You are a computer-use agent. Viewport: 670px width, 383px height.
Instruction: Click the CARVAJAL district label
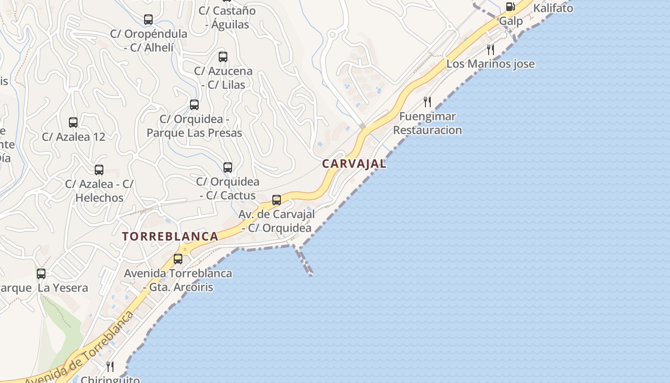coord(354,164)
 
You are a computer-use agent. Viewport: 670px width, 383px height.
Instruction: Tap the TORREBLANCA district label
coord(170,237)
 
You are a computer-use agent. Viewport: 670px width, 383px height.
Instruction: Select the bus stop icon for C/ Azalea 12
coord(73,123)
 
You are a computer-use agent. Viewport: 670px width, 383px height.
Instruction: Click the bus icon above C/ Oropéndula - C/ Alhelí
coord(148,20)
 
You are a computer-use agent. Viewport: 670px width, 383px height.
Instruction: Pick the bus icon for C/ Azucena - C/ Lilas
coord(223,57)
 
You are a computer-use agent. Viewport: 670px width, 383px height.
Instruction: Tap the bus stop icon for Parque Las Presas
coord(194,105)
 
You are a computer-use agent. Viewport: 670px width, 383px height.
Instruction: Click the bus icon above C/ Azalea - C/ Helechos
coord(99,170)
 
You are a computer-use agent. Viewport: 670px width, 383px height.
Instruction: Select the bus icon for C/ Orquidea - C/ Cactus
coord(228,168)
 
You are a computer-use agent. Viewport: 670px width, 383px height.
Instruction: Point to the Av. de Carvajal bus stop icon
coord(277,200)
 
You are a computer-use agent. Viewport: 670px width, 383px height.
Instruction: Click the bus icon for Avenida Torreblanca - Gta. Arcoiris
coord(178,259)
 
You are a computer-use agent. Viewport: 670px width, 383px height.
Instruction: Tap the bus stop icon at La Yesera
coord(41,274)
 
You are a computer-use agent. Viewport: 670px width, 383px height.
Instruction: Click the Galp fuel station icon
coord(511,7)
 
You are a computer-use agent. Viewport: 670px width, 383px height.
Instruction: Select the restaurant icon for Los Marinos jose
coord(491,50)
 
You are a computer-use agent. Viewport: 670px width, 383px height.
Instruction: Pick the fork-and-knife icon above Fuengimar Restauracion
coord(427,102)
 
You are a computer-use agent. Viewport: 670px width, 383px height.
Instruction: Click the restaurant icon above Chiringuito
coord(110,367)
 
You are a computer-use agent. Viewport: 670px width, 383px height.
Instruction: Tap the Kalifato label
coord(553,8)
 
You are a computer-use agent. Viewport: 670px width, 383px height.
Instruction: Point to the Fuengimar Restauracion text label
coord(427,123)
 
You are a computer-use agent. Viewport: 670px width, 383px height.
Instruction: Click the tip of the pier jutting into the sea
coord(311,275)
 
